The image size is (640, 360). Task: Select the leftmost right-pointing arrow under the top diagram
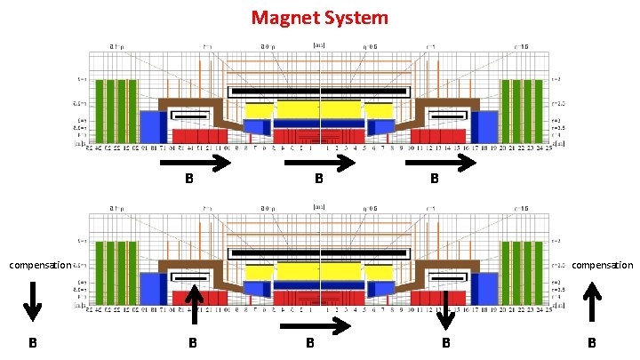196,163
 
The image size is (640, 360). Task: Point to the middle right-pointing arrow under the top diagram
322,163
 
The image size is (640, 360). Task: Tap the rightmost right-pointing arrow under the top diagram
440,163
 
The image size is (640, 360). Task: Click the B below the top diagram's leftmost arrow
188,179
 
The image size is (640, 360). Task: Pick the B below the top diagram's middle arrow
317,179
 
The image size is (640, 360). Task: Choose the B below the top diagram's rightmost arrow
434,179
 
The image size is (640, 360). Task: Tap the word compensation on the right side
602,265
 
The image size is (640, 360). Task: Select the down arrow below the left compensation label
31,300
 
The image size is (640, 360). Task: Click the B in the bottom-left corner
31,343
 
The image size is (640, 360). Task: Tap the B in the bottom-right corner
592,343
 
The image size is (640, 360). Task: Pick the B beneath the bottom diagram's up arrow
192,343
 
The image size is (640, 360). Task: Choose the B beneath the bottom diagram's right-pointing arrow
310,343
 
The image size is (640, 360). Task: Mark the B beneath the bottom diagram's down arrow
446,343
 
